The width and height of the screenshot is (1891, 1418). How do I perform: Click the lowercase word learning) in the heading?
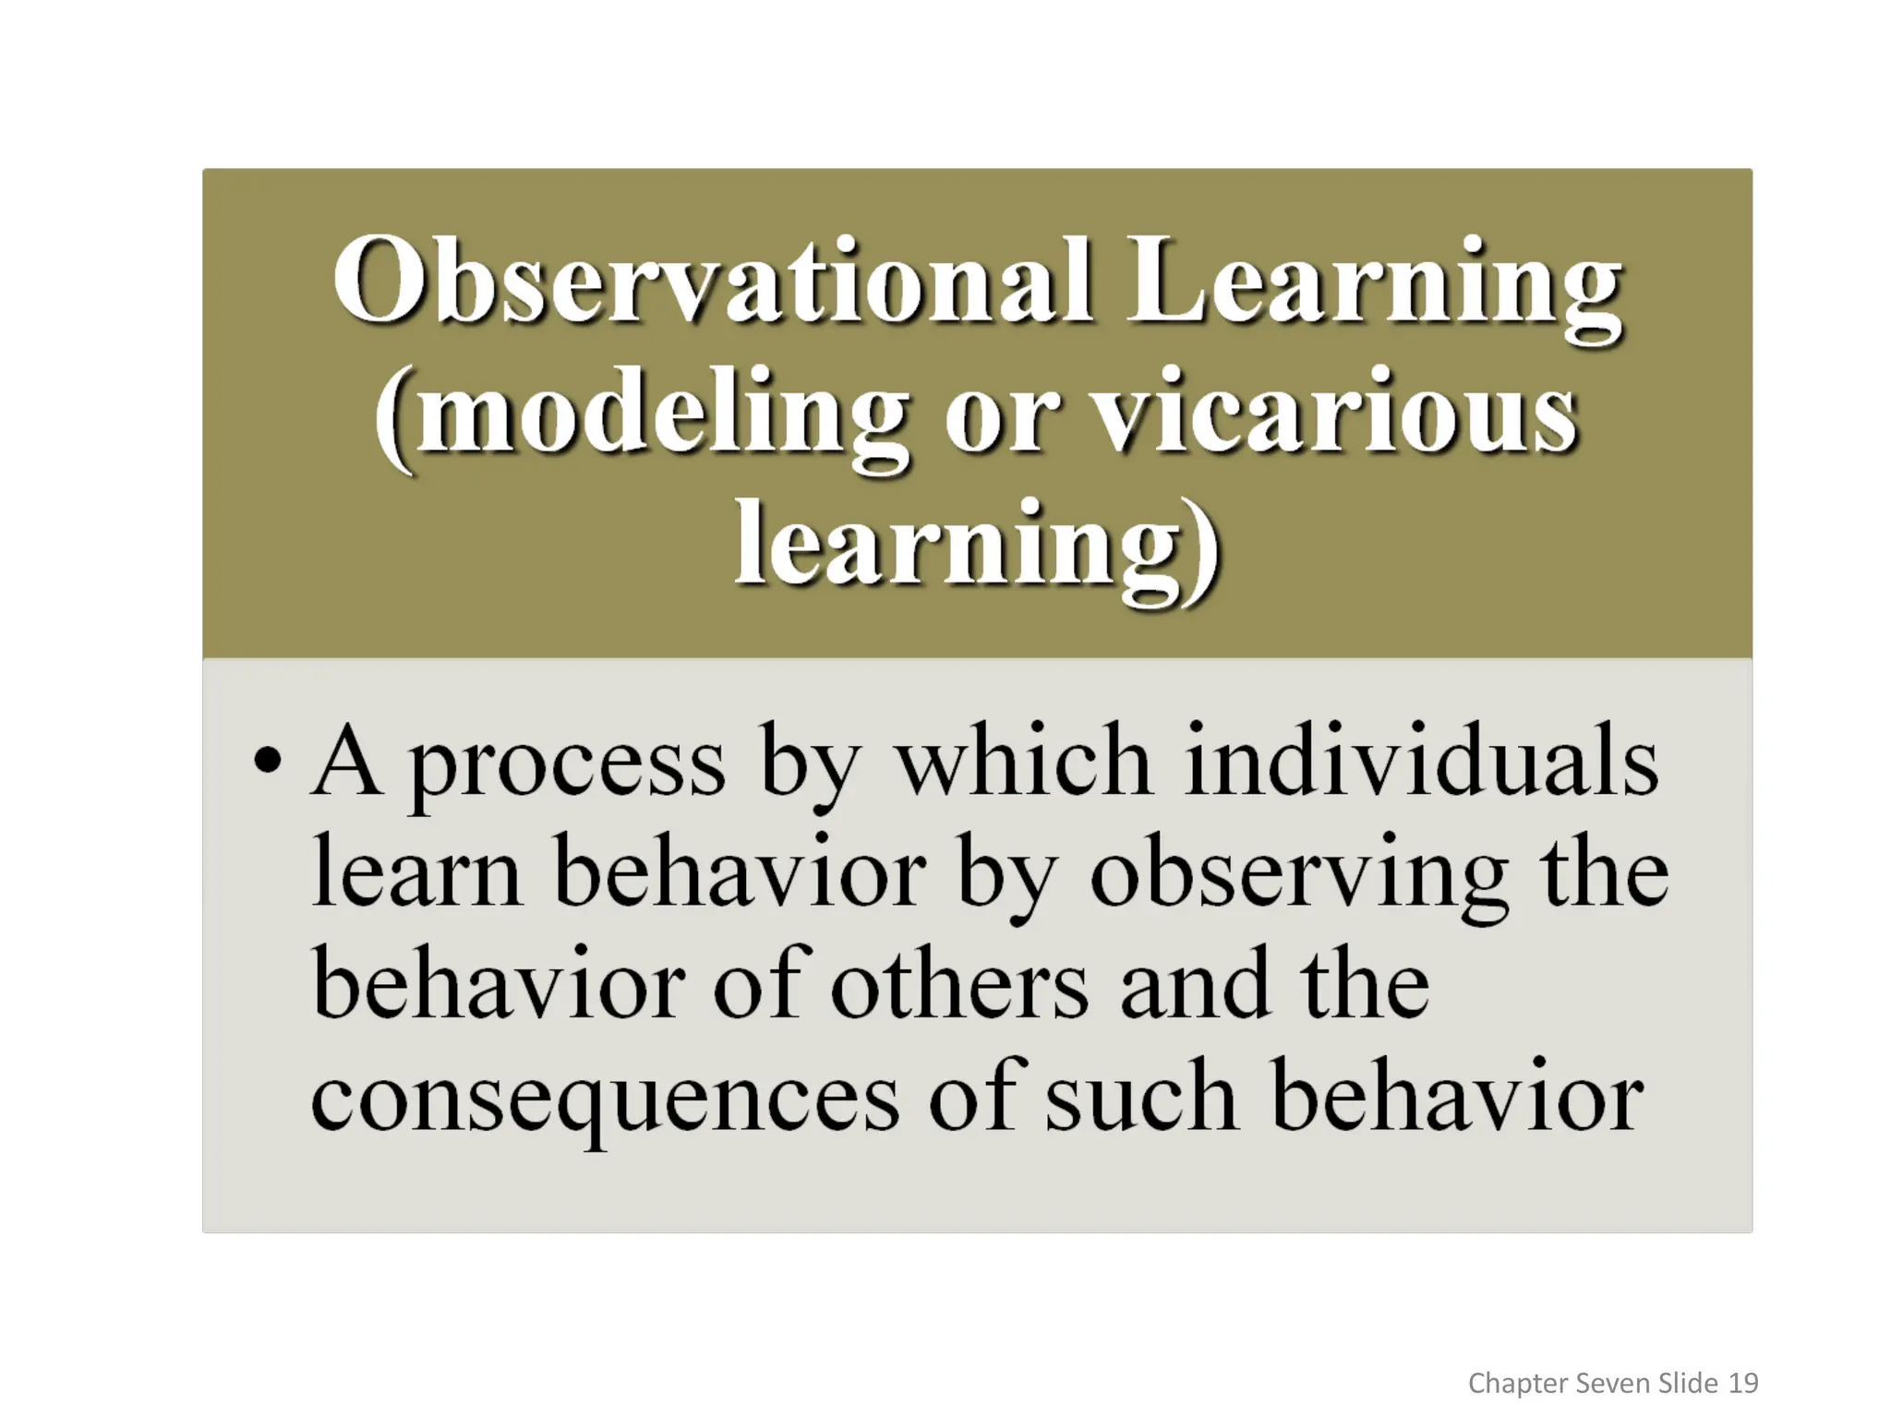(977, 547)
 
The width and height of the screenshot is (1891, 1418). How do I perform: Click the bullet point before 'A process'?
(267, 763)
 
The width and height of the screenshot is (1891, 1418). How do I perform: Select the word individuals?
(1421, 763)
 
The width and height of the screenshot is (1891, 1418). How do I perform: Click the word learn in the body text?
(416, 873)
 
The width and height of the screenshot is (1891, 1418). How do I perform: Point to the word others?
(959, 986)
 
